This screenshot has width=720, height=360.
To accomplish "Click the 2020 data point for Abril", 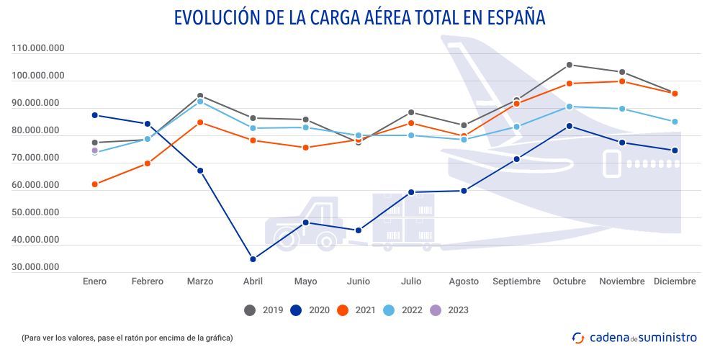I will pyautogui.click(x=253, y=259).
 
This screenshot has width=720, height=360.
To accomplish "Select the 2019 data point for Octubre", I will pyautogui.click(x=569, y=65).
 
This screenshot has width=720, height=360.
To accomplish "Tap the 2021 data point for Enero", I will pyautogui.click(x=94, y=184).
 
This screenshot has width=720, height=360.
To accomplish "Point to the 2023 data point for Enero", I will pyautogui.click(x=94, y=150).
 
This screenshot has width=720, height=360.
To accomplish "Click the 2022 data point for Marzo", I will pyautogui.click(x=200, y=102).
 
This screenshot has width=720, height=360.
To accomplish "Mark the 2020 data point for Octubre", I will pyautogui.click(x=569, y=126).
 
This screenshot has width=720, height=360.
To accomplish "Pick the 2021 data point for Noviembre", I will pyautogui.click(x=622, y=81).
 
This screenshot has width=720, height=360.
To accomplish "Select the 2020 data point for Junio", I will pyautogui.click(x=359, y=230).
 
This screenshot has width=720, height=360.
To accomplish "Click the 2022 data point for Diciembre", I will pyautogui.click(x=675, y=122).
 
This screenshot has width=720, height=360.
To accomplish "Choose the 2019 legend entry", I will pyautogui.click(x=264, y=310).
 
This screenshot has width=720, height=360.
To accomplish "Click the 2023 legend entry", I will pyautogui.click(x=449, y=310).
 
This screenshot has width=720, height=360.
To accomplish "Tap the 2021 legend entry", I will pyautogui.click(x=356, y=310).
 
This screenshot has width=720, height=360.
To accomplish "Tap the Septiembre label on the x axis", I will pyautogui.click(x=516, y=282).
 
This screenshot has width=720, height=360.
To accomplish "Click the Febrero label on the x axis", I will pyautogui.click(x=147, y=282).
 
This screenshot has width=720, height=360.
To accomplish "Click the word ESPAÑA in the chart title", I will pyautogui.click(x=510, y=17).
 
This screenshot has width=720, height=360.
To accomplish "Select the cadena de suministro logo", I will pyautogui.click(x=634, y=337).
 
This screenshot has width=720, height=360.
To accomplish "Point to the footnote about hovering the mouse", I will pyautogui.click(x=127, y=337).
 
